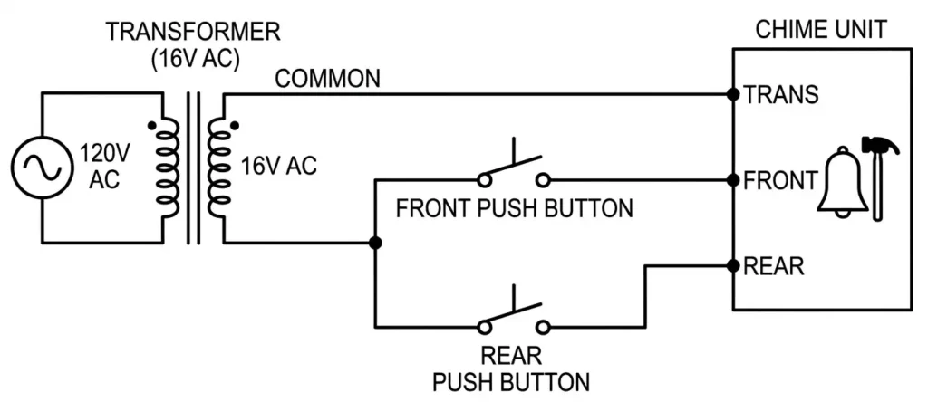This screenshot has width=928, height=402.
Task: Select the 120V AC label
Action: pyautogui.click(x=104, y=166)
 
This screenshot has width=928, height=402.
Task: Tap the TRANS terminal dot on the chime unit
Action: pyautogui.click(x=732, y=94)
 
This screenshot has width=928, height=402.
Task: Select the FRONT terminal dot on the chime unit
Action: pyautogui.click(x=732, y=180)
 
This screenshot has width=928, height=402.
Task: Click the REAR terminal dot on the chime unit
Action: pyautogui.click(x=732, y=266)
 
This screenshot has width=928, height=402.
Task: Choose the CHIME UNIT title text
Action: pyautogui.click(x=821, y=31)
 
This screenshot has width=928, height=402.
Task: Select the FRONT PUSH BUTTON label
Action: pyautogui.click(x=514, y=209)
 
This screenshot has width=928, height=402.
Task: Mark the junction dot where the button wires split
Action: pyautogui.click(x=375, y=243)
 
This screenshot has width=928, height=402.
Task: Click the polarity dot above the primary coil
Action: pyautogui.click(x=152, y=124)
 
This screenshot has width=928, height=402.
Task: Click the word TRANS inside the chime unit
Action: pyautogui.click(x=781, y=94)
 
